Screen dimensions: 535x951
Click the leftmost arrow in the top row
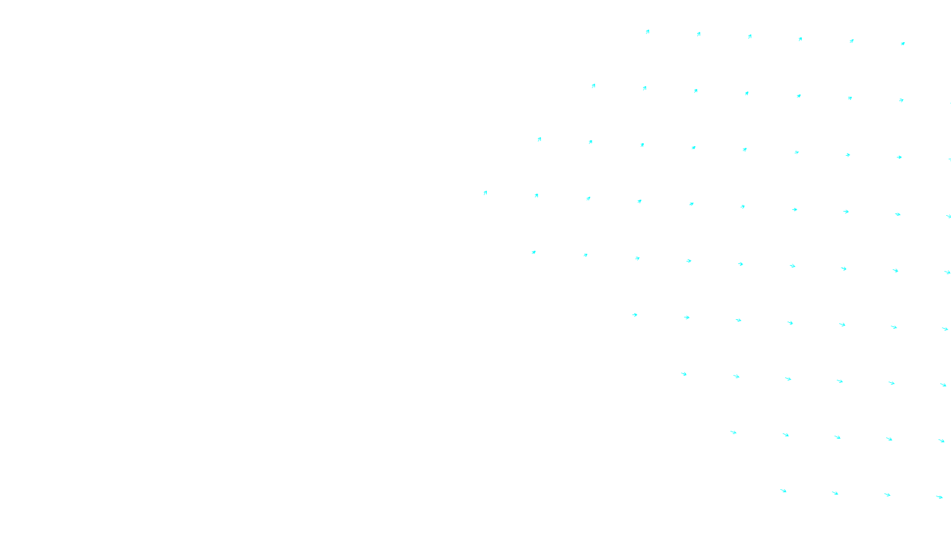[647, 32]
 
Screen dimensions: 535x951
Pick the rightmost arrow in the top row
[902, 43]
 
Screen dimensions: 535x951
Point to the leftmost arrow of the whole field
[485, 193]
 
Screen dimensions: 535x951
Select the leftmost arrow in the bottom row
[783, 491]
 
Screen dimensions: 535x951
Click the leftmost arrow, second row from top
[593, 86]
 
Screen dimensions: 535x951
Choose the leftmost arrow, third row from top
[539, 140]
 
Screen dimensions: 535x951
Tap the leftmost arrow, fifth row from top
[534, 253]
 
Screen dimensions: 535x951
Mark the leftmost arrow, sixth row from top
[635, 315]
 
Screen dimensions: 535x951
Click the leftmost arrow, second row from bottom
[733, 433]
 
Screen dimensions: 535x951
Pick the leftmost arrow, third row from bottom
[684, 374]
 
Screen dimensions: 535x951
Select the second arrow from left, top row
[698, 34]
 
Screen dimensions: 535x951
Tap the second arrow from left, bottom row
[835, 493]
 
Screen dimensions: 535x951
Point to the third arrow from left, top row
[750, 36]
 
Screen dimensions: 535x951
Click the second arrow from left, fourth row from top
[536, 196]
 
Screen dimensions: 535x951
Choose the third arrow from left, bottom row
[887, 495]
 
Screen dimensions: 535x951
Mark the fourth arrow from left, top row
[800, 39]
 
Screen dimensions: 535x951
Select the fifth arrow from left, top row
[852, 41]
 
